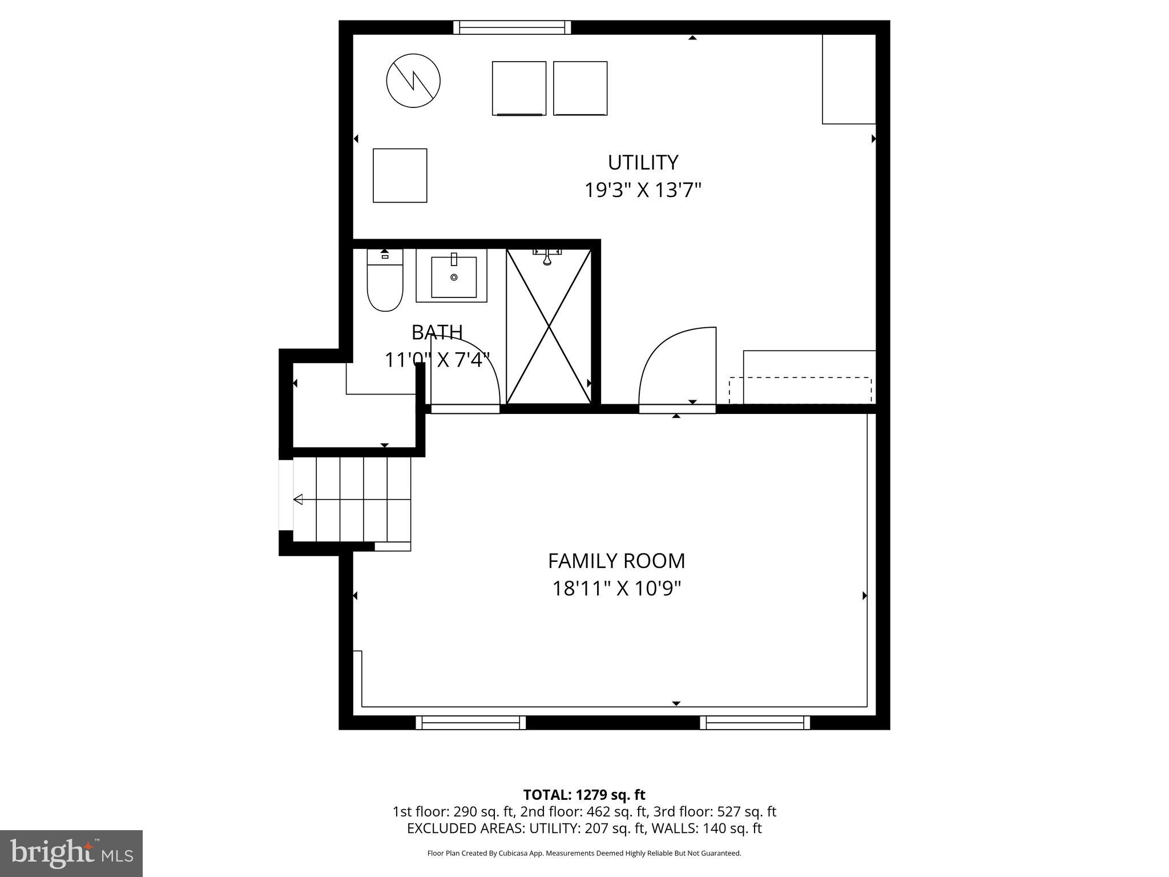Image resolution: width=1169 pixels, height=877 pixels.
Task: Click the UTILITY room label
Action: (643, 163)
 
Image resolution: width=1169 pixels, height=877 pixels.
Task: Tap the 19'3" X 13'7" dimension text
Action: (642, 190)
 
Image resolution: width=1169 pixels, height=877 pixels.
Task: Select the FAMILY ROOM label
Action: (616, 561)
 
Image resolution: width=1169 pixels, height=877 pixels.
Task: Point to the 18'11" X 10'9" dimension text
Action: (616, 589)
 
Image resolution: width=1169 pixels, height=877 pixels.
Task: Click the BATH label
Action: (437, 332)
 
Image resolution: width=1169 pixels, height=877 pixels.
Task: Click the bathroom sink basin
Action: (454, 277)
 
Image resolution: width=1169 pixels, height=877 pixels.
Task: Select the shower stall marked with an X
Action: (549, 327)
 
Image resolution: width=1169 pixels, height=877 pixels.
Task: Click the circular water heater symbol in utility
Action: (413, 81)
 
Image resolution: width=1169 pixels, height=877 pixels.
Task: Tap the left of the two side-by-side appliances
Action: (519, 88)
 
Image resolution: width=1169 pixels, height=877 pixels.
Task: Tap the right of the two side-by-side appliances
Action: (580, 88)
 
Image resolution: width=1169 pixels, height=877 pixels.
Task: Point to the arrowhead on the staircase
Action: (298, 500)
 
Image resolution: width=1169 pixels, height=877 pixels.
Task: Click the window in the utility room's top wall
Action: (512, 27)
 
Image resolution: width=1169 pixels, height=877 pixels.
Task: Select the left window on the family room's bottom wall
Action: (471, 723)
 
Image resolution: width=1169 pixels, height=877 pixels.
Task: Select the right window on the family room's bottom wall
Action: (755, 723)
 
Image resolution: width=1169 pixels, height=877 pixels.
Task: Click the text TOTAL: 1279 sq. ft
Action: (584, 795)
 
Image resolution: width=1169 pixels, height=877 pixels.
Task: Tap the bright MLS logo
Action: (71, 853)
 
